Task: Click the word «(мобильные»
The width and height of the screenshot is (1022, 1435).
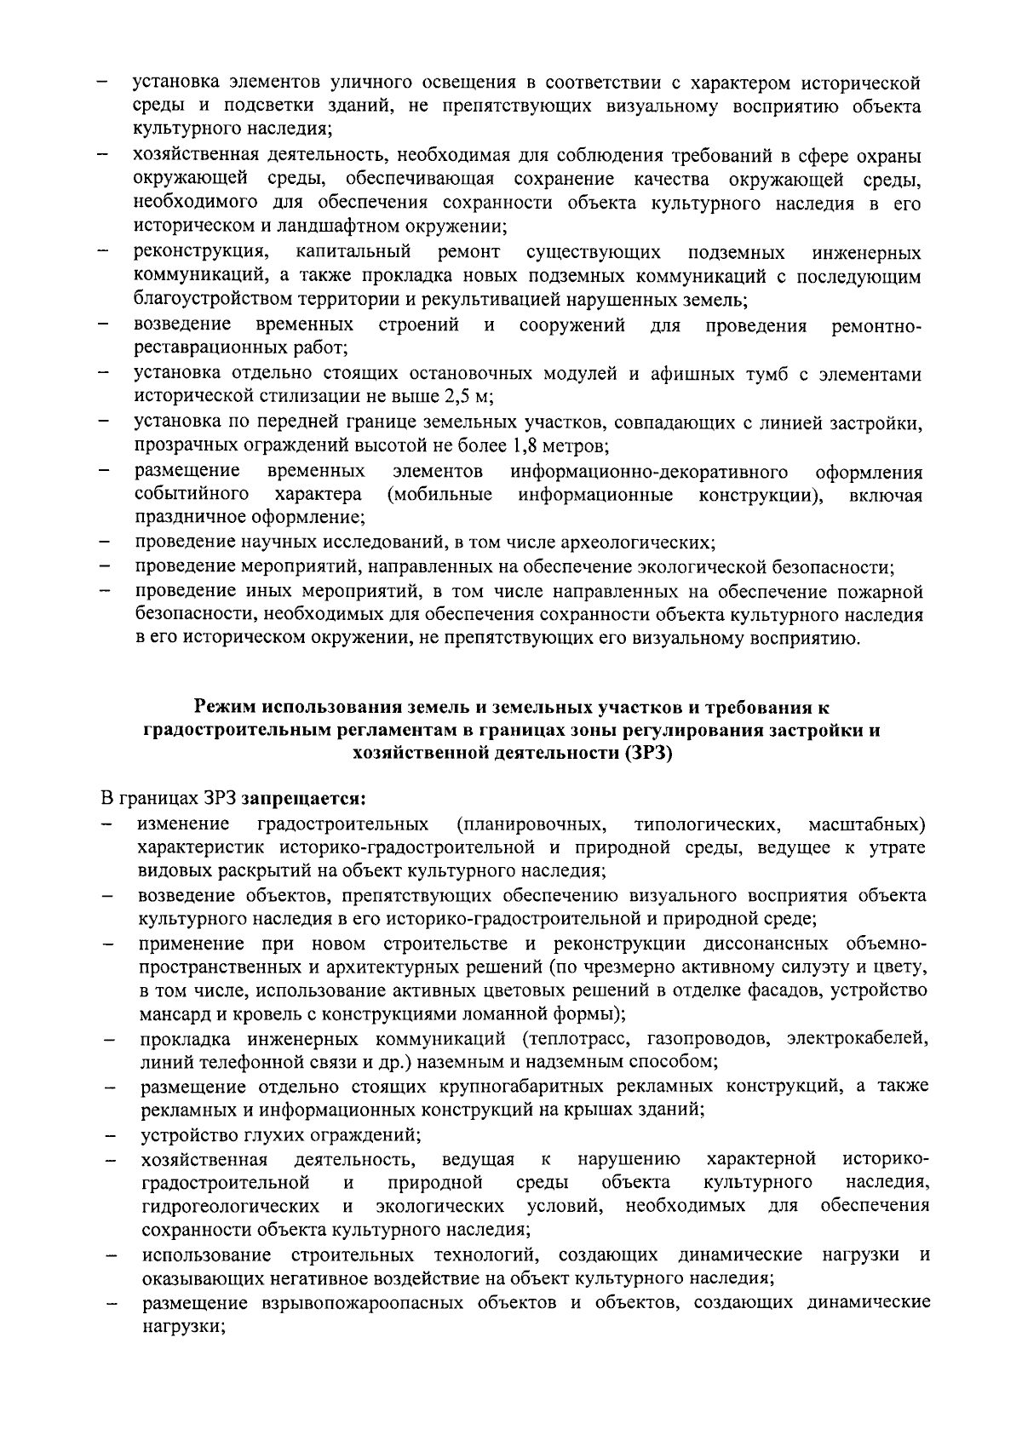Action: [439, 494]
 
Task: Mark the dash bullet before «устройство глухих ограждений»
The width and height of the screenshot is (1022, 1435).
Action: [110, 1136]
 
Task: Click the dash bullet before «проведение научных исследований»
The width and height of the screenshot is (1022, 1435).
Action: [103, 542]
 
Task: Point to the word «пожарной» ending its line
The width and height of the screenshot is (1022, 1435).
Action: [885, 590]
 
